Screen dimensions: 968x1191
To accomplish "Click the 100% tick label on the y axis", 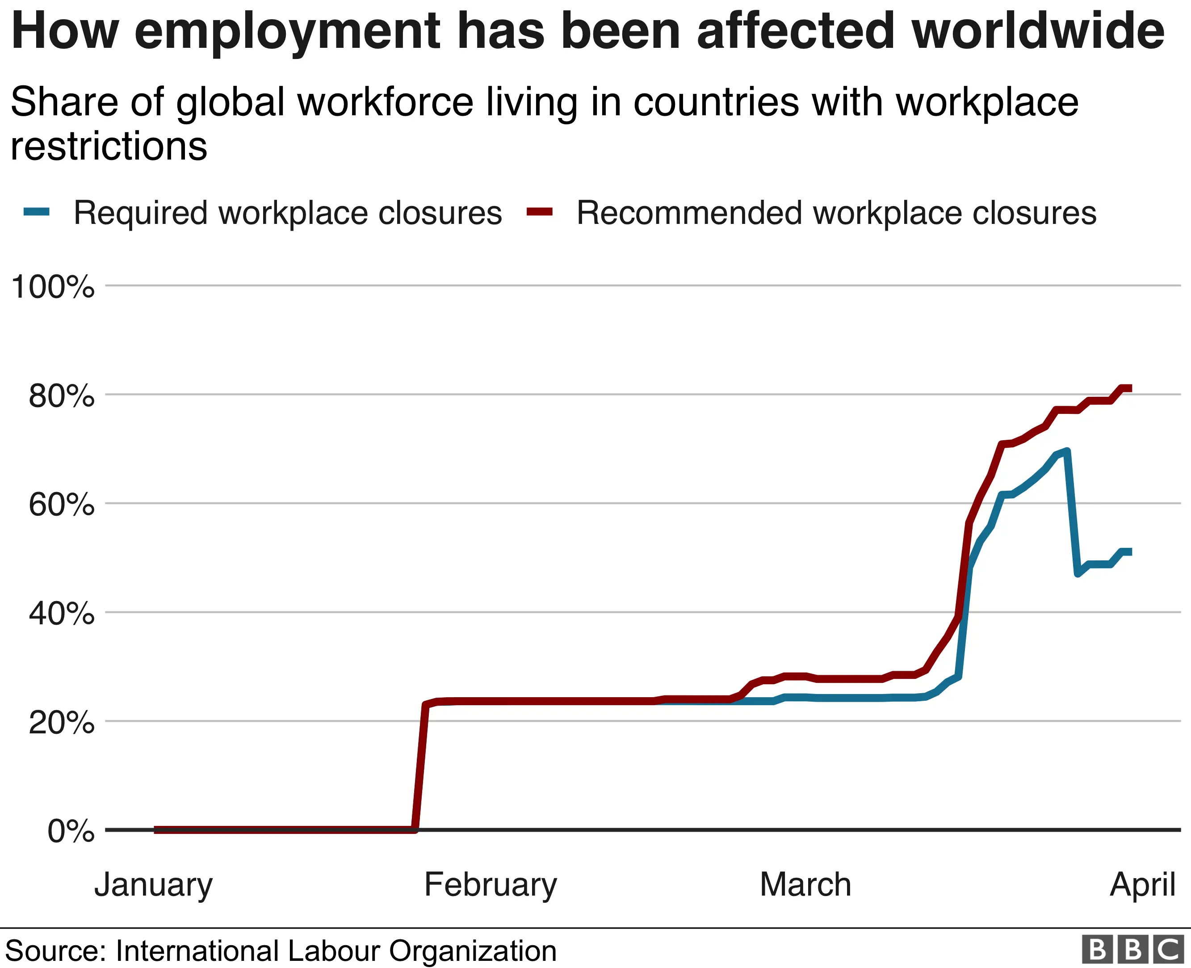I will coord(53,288).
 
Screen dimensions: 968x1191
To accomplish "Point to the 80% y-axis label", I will coord(61,396).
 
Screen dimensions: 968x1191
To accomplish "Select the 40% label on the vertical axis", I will coord(61,614).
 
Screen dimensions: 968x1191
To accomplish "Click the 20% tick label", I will coord(61,723).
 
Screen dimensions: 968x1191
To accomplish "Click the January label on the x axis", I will coord(153,885).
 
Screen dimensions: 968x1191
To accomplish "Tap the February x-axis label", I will coord(491,885).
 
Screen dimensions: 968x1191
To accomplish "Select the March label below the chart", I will coord(805,885).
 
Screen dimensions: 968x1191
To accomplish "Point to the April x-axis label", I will coord(1142,885).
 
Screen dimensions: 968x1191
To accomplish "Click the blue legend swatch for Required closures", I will coord(37,211).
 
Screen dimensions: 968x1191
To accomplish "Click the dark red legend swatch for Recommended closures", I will coord(540,211).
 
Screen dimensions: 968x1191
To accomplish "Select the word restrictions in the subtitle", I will coord(109,147).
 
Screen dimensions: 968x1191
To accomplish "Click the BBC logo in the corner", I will coord(1132,949).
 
